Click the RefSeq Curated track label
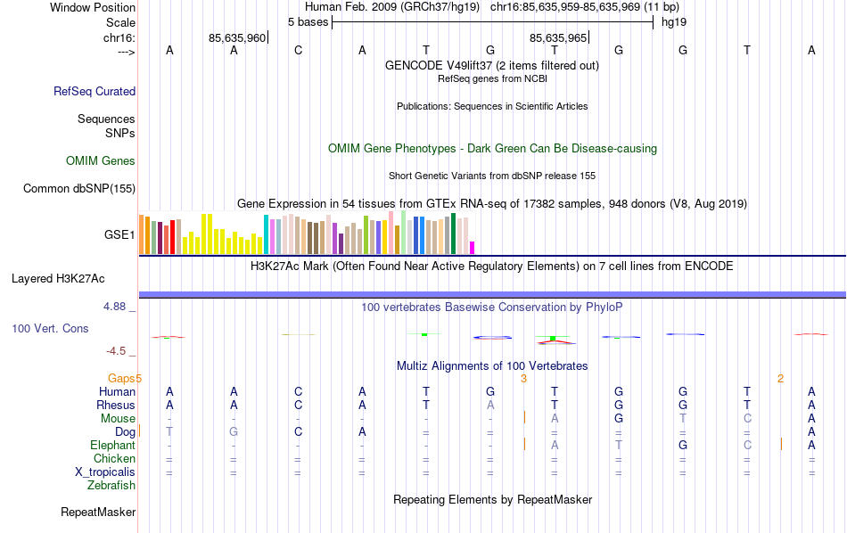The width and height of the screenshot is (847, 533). pos(95,91)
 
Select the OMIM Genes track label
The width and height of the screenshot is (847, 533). pos(101,161)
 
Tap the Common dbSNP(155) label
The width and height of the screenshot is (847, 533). pos(79,188)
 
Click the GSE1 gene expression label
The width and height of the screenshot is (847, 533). pos(119,235)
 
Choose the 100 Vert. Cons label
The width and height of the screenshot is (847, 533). pos(50,329)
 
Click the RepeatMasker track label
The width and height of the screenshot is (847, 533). pos(98,512)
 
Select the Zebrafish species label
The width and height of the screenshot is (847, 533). pos(111,486)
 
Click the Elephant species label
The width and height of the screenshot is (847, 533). pos(112,446)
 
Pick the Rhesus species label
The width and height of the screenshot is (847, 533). pos(115,406)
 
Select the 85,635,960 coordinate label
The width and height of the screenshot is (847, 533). pos(237,38)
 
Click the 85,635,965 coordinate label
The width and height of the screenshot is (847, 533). pos(558,38)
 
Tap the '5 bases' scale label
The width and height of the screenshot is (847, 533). pos(308,21)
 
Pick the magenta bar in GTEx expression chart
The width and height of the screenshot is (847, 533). pos(473,248)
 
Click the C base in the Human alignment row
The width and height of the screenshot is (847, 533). pos(299,392)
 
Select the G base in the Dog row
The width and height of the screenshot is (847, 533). pos(234,432)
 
